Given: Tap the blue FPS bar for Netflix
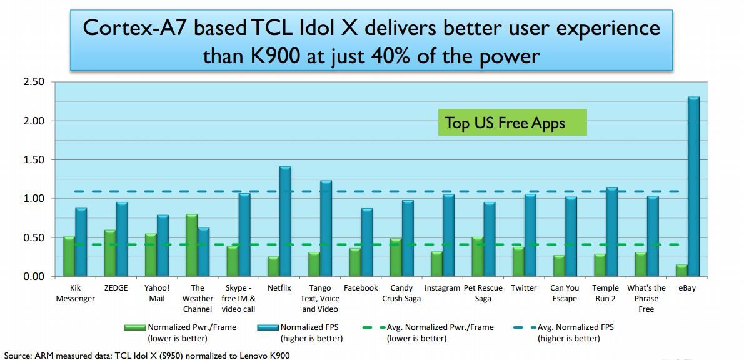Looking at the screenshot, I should pos(285,221).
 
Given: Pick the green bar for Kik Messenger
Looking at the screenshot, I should pos(69,256).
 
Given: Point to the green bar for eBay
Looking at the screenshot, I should pos(681,270).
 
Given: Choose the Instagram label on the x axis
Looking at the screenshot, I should pos(443,288).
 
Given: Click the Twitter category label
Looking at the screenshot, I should pos(524,288).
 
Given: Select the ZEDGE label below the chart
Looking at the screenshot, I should pos(116,288).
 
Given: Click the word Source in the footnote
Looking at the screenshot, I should pos(18,355).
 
